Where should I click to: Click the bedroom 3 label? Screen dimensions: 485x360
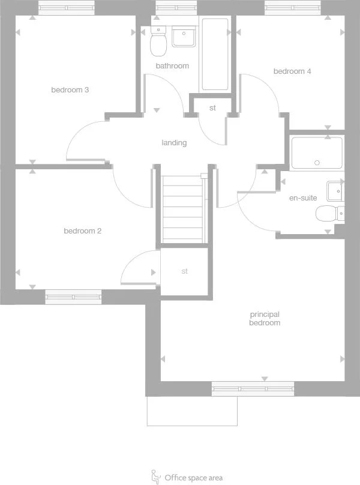[x=70, y=90]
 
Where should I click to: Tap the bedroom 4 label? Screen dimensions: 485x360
[x=292, y=71]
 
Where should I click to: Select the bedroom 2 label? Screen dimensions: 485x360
[x=82, y=230]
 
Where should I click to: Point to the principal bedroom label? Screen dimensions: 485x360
[x=265, y=318]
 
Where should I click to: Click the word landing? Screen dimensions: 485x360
[x=174, y=143]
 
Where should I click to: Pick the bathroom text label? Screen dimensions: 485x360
[x=172, y=66]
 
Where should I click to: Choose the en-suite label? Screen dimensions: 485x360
[x=303, y=197]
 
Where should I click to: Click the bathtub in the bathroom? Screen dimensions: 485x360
[x=215, y=54]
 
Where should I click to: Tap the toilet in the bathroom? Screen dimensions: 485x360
[x=158, y=43]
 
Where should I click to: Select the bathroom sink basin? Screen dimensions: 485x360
[x=184, y=37]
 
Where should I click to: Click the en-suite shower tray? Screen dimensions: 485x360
[x=317, y=153]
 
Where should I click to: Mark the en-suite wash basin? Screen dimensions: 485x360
[x=335, y=191]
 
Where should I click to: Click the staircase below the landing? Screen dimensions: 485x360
[x=184, y=210]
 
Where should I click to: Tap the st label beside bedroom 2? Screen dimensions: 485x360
[x=185, y=271]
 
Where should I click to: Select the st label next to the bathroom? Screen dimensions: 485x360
[x=212, y=108]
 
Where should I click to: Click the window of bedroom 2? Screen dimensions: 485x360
[x=73, y=297]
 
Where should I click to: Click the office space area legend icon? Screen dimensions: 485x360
[x=156, y=477]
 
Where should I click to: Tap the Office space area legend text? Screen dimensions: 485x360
[x=193, y=478]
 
